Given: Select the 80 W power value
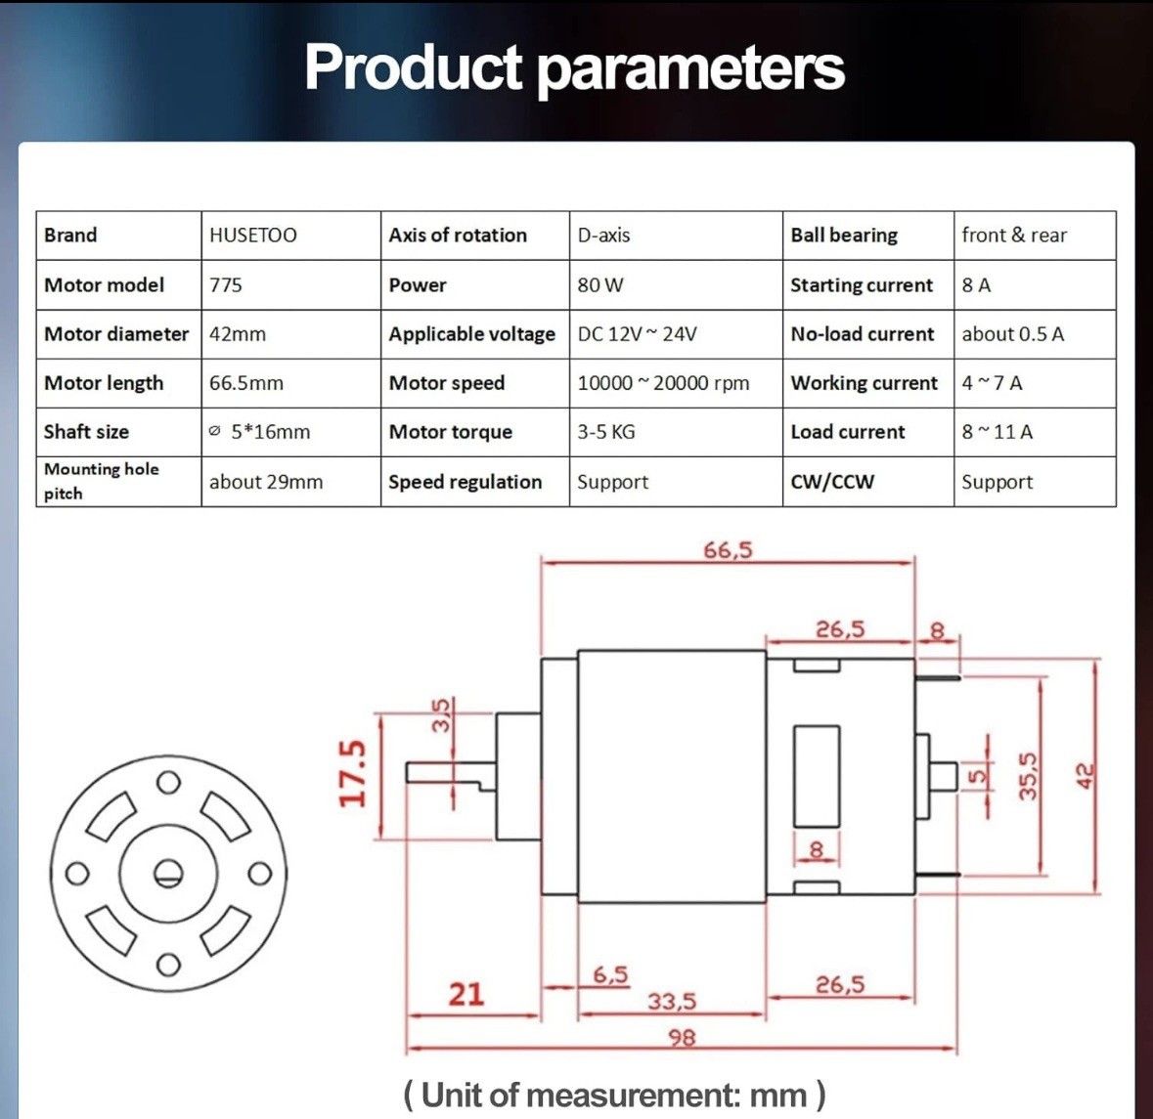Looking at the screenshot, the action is click(600, 285).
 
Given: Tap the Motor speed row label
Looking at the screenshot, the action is click(446, 383).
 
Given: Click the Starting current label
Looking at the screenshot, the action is click(861, 285).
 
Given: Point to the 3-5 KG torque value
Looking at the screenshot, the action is click(606, 432).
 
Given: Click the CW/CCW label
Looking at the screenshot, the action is click(832, 482).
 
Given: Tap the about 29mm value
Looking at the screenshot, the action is click(266, 482).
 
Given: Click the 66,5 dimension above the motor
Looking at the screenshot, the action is click(728, 550).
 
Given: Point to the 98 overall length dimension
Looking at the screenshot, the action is click(682, 1038).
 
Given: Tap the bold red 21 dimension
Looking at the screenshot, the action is click(466, 995).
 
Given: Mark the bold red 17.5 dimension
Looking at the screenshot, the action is click(352, 773).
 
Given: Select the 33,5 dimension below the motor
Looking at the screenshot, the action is click(672, 1001).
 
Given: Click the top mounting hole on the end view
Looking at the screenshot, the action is click(168, 783).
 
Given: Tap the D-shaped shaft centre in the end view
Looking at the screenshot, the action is click(168, 873).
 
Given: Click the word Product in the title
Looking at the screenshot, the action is click(414, 66).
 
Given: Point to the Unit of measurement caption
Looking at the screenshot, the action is click(615, 1095).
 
